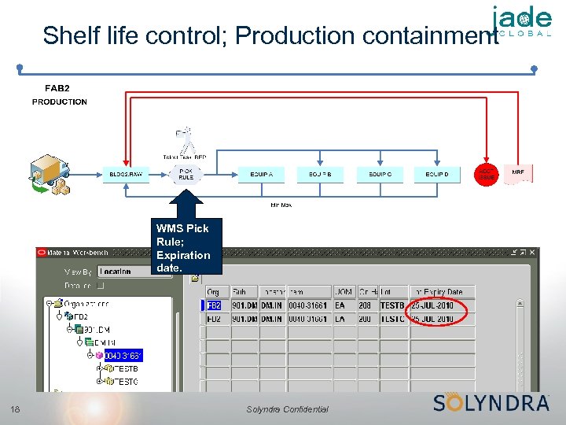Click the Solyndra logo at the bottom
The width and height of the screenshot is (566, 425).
click(491, 402)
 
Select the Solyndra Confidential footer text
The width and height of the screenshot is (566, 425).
click(287, 409)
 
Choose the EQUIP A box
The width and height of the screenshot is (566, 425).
click(262, 174)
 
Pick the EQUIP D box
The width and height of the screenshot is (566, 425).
click(437, 174)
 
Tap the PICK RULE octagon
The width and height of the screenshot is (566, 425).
click(186, 173)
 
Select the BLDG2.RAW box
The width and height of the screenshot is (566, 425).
click(126, 174)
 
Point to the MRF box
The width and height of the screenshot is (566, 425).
click(518, 173)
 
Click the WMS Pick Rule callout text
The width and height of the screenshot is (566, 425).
click(182, 248)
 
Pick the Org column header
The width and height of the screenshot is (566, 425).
click(213, 292)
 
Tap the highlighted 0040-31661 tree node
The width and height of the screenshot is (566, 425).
click(123, 356)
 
